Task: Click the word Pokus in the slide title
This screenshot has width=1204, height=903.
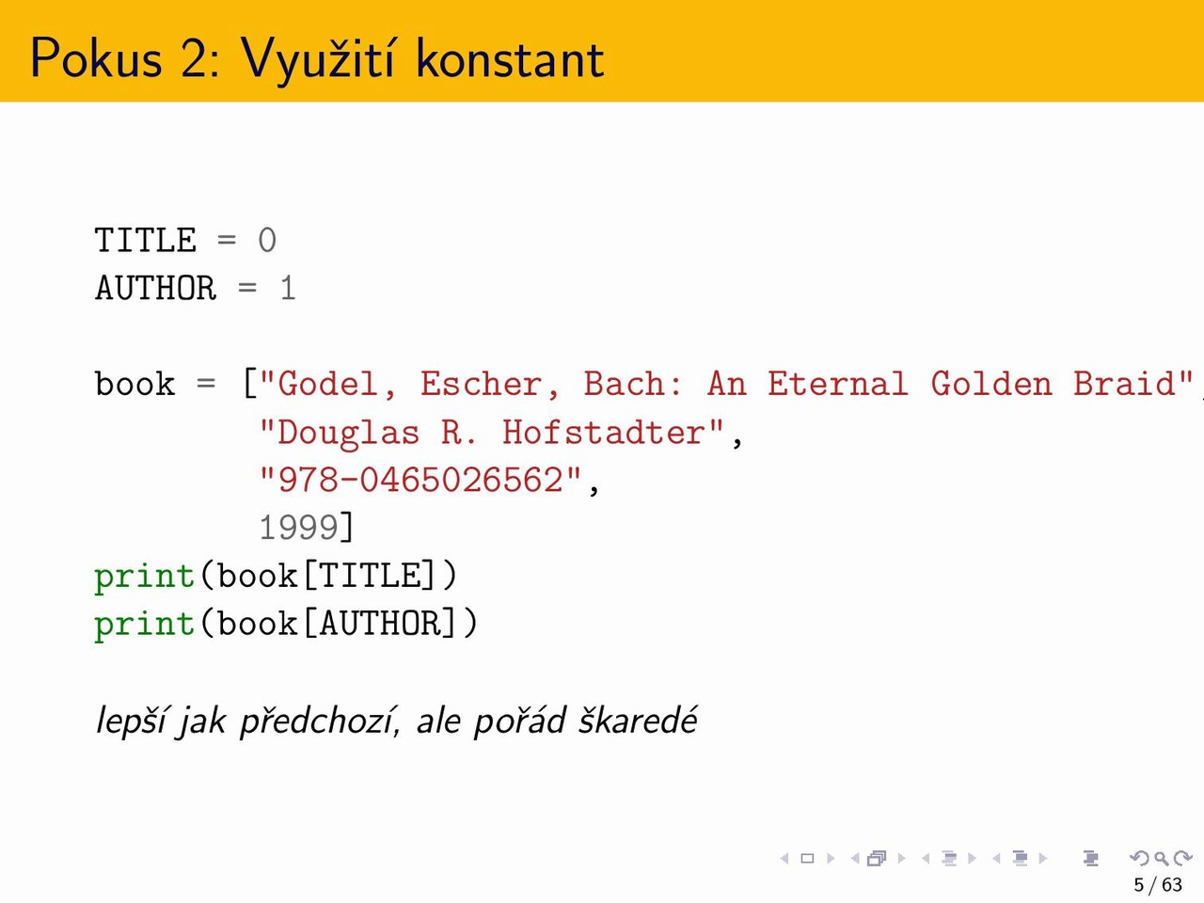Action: tap(97, 57)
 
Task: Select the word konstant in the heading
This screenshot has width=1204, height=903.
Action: tap(510, 57)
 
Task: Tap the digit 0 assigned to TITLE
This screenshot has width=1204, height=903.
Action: tap(267, 240)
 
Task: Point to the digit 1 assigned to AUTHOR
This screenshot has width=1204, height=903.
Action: tap(288, 288)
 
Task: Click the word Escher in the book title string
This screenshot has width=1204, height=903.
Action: tap(483, 383)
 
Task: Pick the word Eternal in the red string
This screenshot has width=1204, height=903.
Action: tap(837, 383)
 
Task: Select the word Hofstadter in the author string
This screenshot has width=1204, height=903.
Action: tap(603, 432)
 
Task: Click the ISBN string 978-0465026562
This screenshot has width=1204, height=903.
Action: tap(420, 480)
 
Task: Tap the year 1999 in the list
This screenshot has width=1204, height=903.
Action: tap(299, 528)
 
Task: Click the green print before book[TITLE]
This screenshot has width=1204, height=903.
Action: tap(145, 577)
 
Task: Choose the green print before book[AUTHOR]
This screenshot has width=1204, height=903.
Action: tap(145, 625)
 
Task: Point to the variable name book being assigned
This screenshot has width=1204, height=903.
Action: tap(135, 383)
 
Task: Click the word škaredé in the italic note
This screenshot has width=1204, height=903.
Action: tap(638, 720)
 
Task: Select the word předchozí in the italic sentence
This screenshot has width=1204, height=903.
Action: tap(317, 721)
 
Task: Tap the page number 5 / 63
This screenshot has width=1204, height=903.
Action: tap(1158, 885)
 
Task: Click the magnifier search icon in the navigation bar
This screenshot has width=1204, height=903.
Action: tap(1161, 858)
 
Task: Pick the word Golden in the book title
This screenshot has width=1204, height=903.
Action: tap(991, 383)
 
